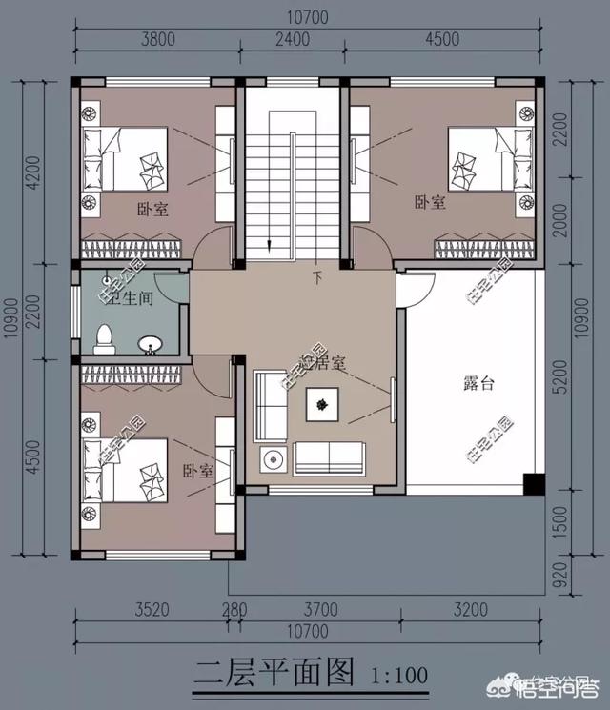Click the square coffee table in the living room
click(x=323, y=405)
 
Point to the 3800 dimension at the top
click(x=158, y=40)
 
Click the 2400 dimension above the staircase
click(x=293, y=40)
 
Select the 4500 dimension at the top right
click(x=442, y=40)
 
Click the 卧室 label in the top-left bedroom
click(x=152, y=210)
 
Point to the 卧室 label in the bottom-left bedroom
click(x=198, y=471)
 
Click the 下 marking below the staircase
click(x=317, y=278)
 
